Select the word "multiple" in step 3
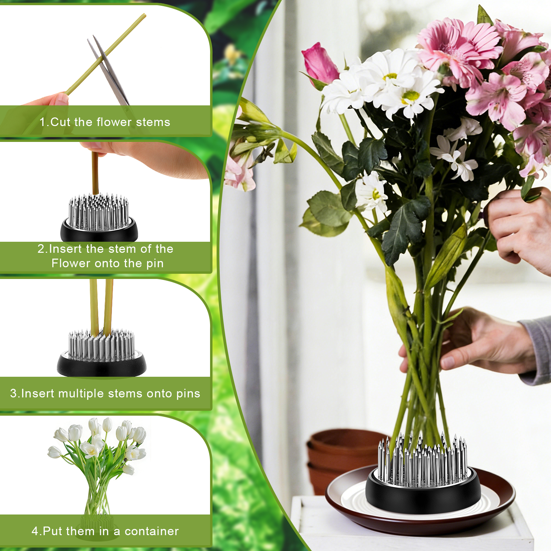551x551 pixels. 81,394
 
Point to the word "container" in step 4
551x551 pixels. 152,531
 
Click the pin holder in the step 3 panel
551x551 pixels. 101,353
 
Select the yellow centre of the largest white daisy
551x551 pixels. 410,96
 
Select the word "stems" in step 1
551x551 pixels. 153,122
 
